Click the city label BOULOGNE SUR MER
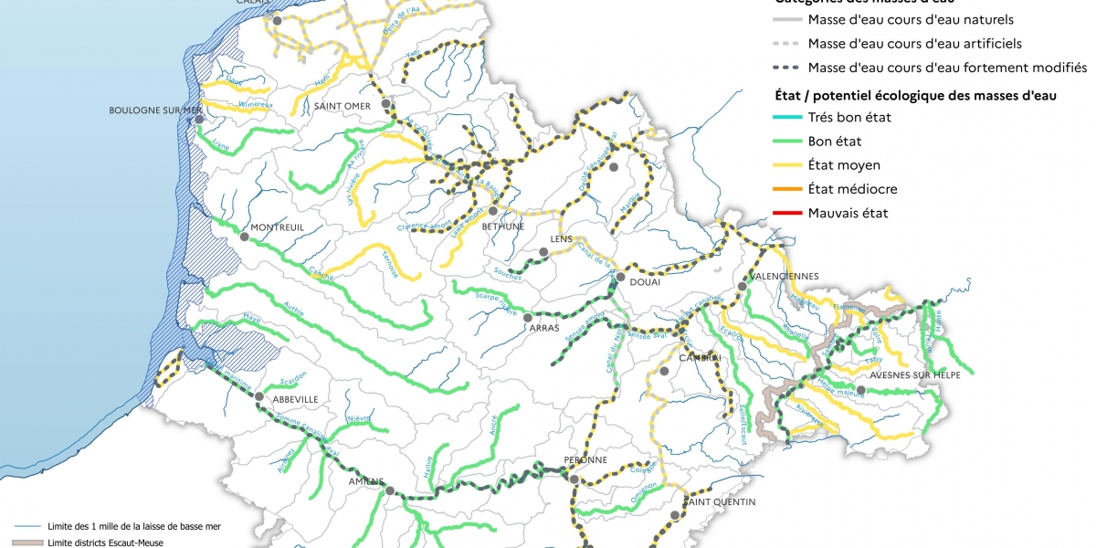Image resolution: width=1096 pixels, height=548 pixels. click(x=154, y=111)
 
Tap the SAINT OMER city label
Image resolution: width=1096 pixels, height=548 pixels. click(x=342, y=106)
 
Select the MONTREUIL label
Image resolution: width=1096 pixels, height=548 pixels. click(x=277, y=227)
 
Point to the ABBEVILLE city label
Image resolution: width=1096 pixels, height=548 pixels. click(x=291, y=399)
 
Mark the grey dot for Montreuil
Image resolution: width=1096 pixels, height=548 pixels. click(x=244, y=237)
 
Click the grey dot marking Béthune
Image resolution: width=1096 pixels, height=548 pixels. click(x=492, y=210)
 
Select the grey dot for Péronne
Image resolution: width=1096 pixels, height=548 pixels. click(x=574, y=479)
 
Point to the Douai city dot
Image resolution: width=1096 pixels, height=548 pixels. click(x=620, y=277)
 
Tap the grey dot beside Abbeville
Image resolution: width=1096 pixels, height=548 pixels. click(x=259, y=397)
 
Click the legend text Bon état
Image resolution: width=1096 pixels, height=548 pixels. click(x=835, y=142)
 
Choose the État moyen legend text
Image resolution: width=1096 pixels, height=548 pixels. click(x=844, y=165)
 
